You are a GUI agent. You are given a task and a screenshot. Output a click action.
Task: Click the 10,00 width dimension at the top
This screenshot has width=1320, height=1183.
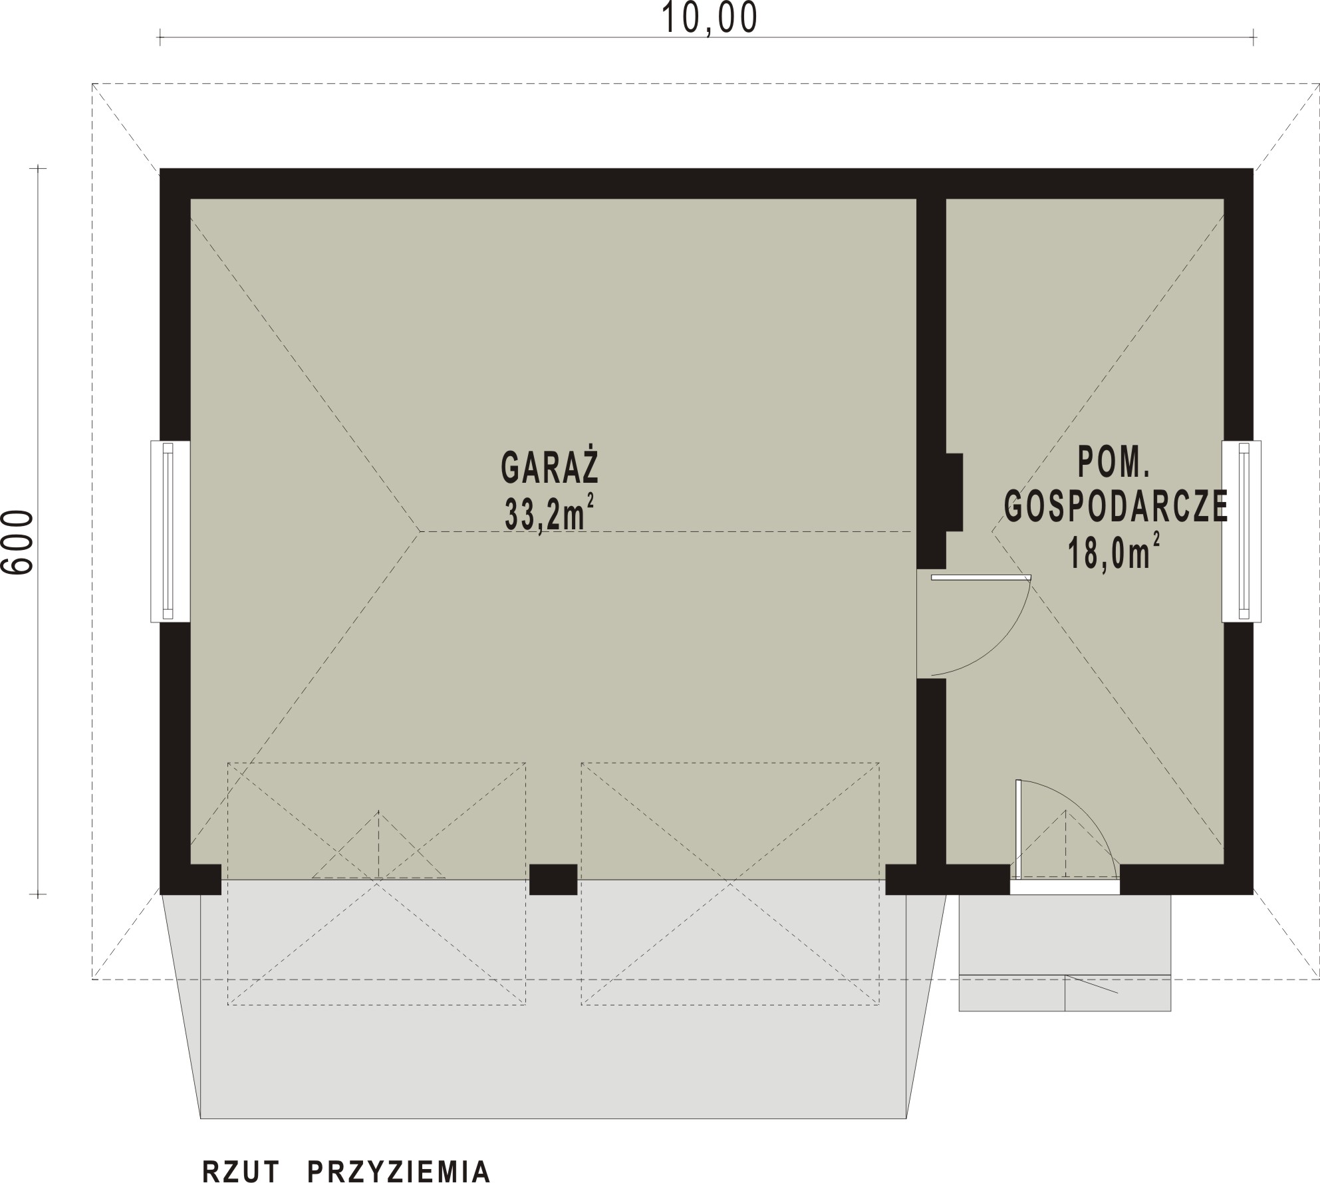[710, 19]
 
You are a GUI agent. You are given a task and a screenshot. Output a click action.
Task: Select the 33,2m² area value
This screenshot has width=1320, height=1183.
[549, 513]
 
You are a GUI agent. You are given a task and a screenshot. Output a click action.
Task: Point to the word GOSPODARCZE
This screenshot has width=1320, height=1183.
[1116, 507]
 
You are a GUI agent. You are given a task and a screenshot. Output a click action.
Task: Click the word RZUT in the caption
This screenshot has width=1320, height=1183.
[241, 1169]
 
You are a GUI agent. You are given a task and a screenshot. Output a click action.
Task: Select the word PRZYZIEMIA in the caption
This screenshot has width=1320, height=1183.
[400, 1169]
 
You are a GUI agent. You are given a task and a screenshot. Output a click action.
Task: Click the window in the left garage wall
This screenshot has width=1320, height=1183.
[170, 531]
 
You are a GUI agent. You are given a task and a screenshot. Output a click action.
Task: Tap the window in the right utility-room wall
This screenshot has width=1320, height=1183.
[1242, 531]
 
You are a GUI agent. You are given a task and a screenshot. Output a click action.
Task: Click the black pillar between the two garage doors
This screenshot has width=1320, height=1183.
[553, 879]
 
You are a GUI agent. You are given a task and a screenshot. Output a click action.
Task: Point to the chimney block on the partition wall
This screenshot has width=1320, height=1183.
[954, 492]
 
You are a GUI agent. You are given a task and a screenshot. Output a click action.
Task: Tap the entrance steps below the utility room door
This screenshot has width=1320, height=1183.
[1064, 953]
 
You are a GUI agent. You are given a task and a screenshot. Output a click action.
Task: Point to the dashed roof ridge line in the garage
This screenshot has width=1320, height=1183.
[665, 531]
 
